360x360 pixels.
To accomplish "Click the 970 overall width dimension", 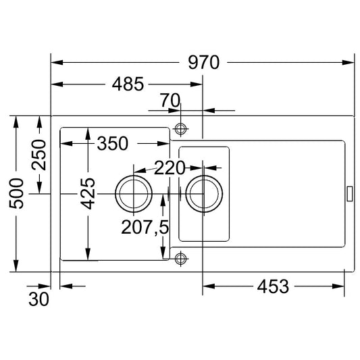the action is pos(204,62).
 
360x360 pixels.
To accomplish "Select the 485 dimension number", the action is pos(128,84).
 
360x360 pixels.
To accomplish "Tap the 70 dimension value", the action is pos(170,100).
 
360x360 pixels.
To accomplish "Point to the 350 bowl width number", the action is pos(113,143).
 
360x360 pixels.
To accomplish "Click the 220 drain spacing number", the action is pos(170,168).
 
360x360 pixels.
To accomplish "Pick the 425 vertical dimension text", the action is pos(88,194).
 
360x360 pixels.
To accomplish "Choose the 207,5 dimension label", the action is pos(145,228).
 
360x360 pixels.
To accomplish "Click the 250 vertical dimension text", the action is pos(38,155).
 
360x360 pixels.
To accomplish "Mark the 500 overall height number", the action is pos(16,194).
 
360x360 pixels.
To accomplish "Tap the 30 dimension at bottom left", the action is pos(38,299).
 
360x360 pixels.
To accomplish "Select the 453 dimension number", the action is pos(273,286).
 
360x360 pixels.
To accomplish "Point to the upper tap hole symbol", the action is pos(180,129).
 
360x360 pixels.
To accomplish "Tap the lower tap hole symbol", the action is pos(180,259).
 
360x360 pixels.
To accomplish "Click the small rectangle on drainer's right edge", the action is pos(349,194).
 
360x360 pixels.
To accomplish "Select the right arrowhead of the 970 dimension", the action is pos(348,62).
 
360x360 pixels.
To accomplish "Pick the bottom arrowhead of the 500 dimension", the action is pos(16,265).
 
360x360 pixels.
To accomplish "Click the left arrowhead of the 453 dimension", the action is pos(209,286).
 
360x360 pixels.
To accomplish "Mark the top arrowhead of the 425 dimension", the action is pos(88,134).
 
